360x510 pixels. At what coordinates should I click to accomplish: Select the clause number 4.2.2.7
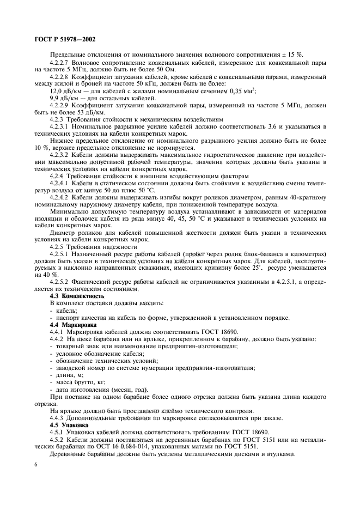coord(63,63)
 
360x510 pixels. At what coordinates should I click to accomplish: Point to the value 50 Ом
coord(181,70)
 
